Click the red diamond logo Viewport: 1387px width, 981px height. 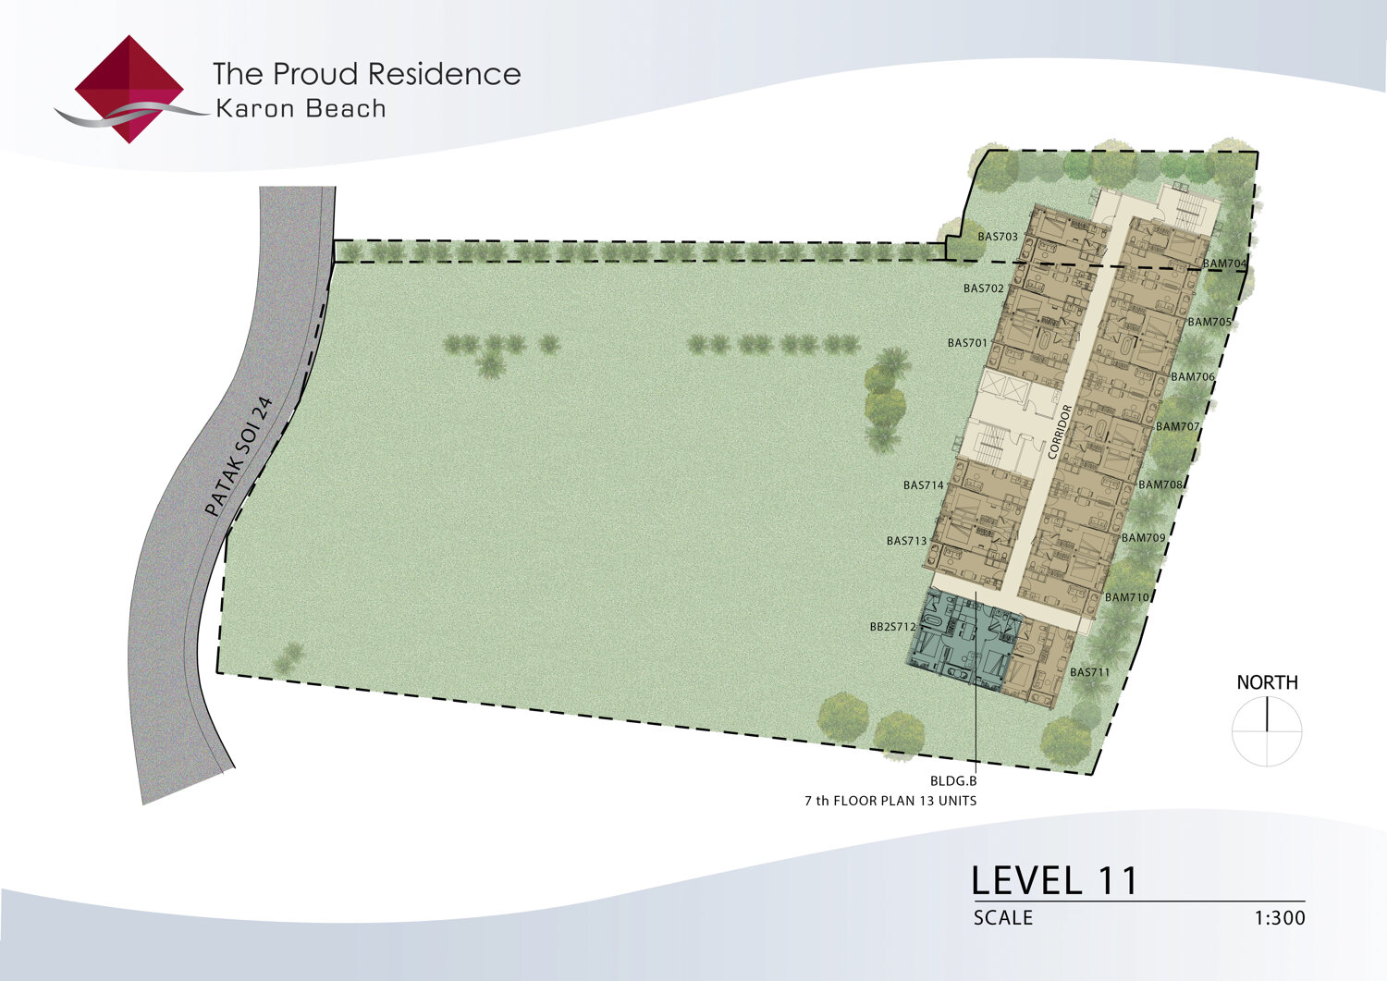click(x=129, y=89)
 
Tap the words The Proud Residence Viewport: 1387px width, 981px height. click(x=366, y=74)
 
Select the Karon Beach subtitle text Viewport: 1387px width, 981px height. click(x=301, y=109)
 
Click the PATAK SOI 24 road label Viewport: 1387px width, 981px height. click(x=239, y=457)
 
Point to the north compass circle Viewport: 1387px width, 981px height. click(x=1267, y=730)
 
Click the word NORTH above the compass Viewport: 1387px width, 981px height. click(x=1267, y=682)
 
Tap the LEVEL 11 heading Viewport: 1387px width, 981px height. click(x=1054, y=880)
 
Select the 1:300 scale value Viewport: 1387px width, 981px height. click(x=1280, y=918)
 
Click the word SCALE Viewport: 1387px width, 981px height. click(x=1003, y=918)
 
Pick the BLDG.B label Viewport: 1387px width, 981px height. click(x=953, y=781)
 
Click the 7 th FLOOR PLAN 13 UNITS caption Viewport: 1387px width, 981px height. click(x=890, y=801)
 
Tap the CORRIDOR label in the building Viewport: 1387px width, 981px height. click(x=1060, y=432)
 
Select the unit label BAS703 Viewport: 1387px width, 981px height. click(x=998, y=237)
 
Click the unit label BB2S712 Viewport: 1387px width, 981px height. click(x=893, y=627)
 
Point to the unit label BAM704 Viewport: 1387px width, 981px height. click(x=1224, y=264)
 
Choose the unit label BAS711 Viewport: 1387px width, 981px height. click(x=1090, y=672)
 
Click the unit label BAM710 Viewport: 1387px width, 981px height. click(x=1127, y=597)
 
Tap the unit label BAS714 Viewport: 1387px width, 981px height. click(x=923, y=485)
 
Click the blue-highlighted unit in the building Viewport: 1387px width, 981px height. click(x=964, y=640)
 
